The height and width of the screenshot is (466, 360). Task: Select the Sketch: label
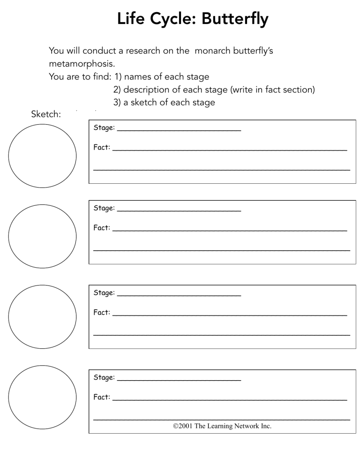click(x=46, y=114)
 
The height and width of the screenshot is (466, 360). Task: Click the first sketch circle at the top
click(x=42, y=156)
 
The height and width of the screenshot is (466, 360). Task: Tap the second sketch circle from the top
click(x=42, y=236)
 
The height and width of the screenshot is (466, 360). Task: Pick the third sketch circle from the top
click(x=42, y=317)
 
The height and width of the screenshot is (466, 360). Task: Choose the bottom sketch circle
click(x=42, y=397)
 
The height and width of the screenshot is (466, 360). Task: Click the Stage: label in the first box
click(x=104, y=128)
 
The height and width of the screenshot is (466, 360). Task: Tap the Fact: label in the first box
click(x=102, y=147)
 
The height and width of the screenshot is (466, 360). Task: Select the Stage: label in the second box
click(x=104, y=208)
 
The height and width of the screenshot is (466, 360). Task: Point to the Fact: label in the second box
click(x=102, y=228)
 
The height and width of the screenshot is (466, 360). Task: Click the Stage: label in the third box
click(x=104, y=293)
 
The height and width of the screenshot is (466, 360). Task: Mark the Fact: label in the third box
click(x=102, y=313)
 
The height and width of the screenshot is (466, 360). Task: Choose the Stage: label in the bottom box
click(x=104, y=377)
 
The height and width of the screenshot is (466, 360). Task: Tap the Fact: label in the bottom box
click(x=102, y=397)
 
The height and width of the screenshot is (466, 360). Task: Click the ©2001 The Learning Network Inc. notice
click(x=222, y=426)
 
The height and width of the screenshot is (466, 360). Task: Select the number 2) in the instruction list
click(x=117, y=90)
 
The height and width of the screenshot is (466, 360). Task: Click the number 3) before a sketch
click(x=117, y=102)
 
